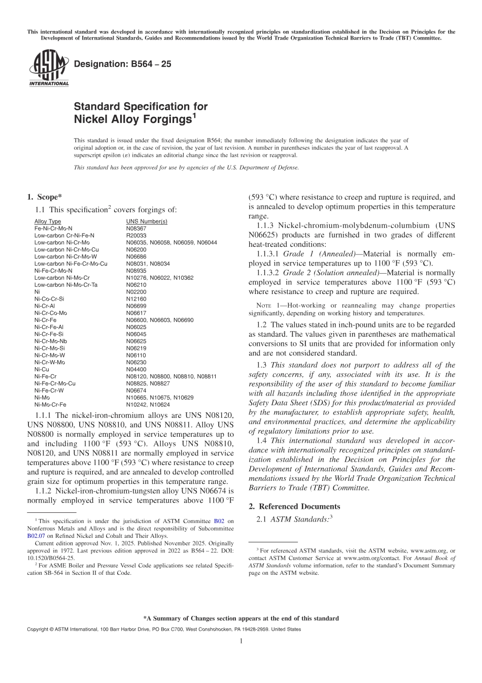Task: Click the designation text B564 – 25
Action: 122,64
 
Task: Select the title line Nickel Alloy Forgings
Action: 133,119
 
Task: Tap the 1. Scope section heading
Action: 44,198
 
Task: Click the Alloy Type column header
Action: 48,221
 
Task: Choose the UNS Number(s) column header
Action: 146,221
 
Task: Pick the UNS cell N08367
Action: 136,229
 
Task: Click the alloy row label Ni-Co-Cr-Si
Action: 49,299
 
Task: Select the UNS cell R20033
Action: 136,236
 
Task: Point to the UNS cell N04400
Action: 136,369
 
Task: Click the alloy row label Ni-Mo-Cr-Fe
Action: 50,405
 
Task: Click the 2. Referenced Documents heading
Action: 294,506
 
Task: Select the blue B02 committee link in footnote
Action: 219,521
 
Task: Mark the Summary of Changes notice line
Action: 241,619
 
